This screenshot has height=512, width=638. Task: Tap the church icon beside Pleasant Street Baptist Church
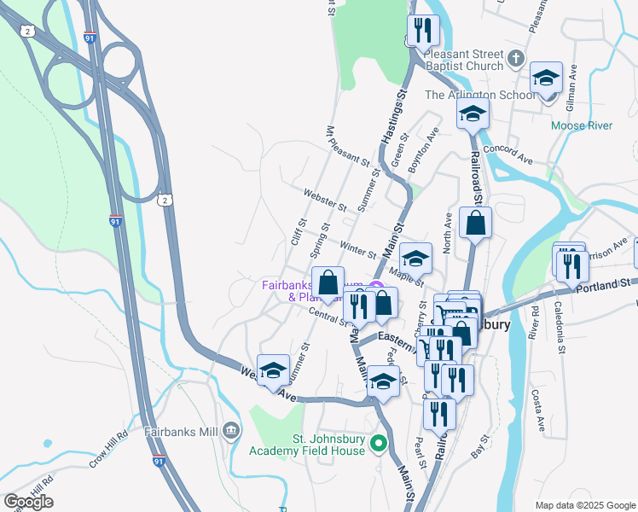pos(515,58)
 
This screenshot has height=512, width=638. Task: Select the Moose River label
pos(582,125)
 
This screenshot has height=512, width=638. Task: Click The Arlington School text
pos(480,95)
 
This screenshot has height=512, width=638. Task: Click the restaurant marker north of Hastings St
pos(422,32)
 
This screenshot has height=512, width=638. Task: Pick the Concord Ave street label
pos(507,154)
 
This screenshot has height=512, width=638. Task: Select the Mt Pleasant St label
pos(347,146)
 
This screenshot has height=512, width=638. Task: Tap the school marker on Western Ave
pos(273,370)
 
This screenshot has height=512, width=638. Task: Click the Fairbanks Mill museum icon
pos(231,432)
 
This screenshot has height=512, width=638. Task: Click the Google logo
pos(29,502)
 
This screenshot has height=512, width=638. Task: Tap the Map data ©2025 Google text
pos(584,505)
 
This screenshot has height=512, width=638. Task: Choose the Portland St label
pos(607,283)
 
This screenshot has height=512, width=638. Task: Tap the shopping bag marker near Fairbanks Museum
pos(328,282)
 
